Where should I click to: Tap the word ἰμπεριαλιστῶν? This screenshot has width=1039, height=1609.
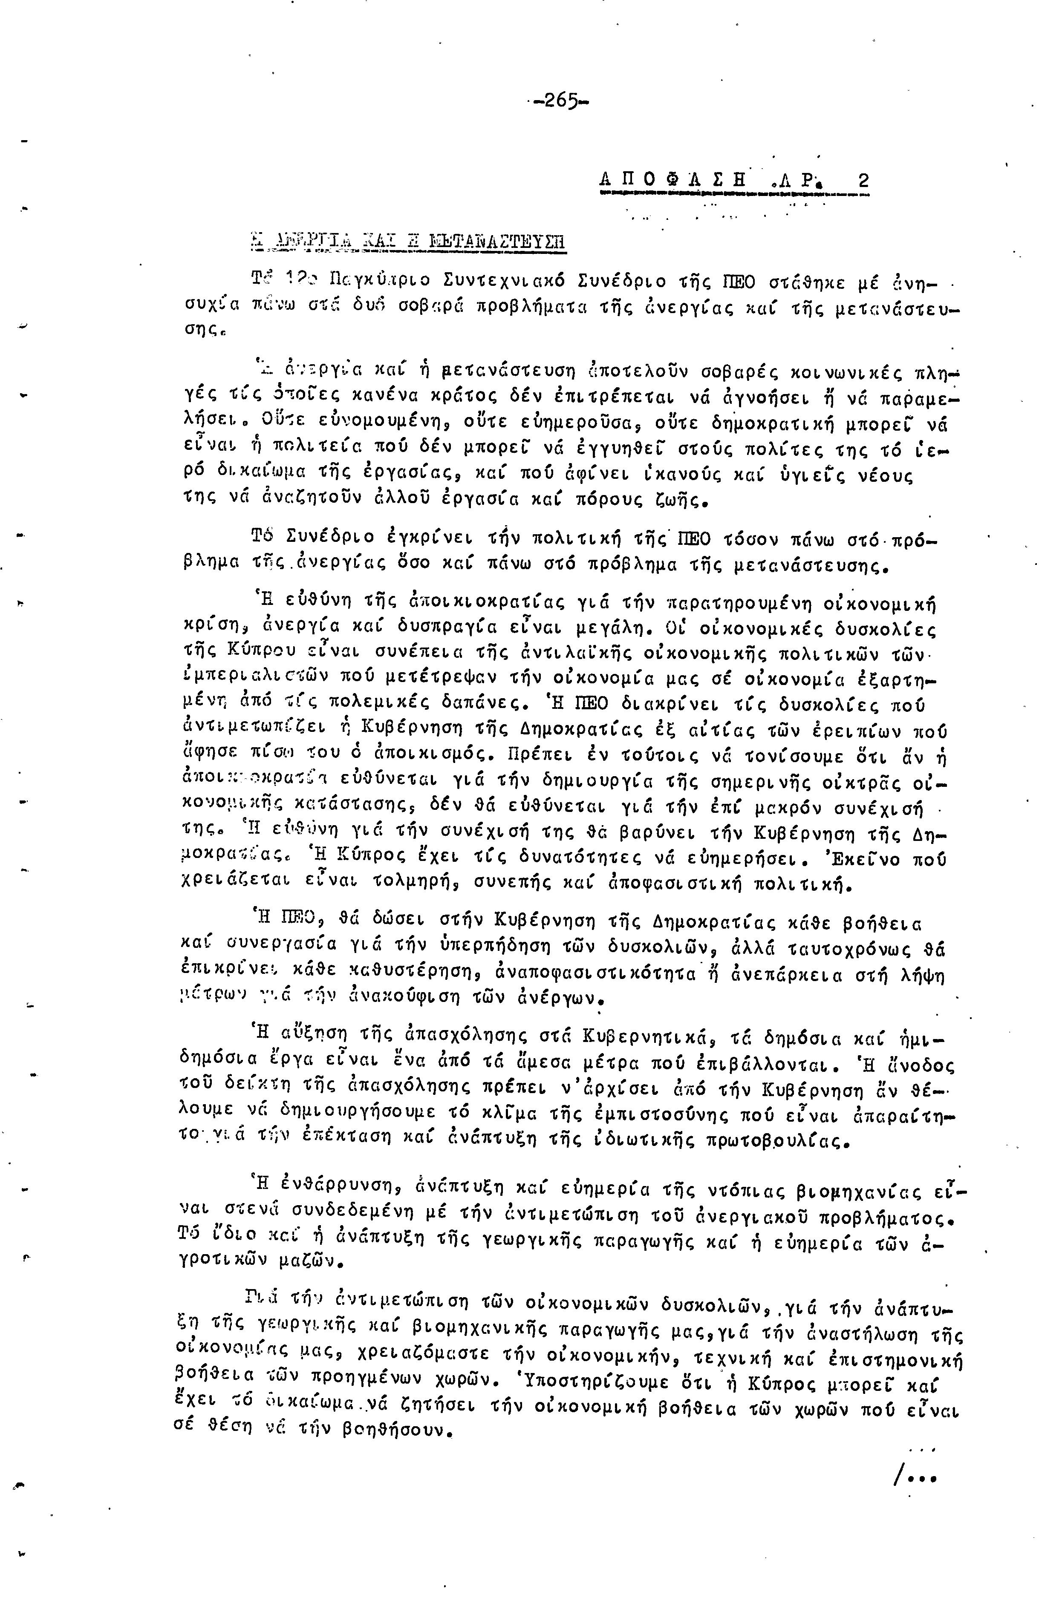point(269,680)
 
